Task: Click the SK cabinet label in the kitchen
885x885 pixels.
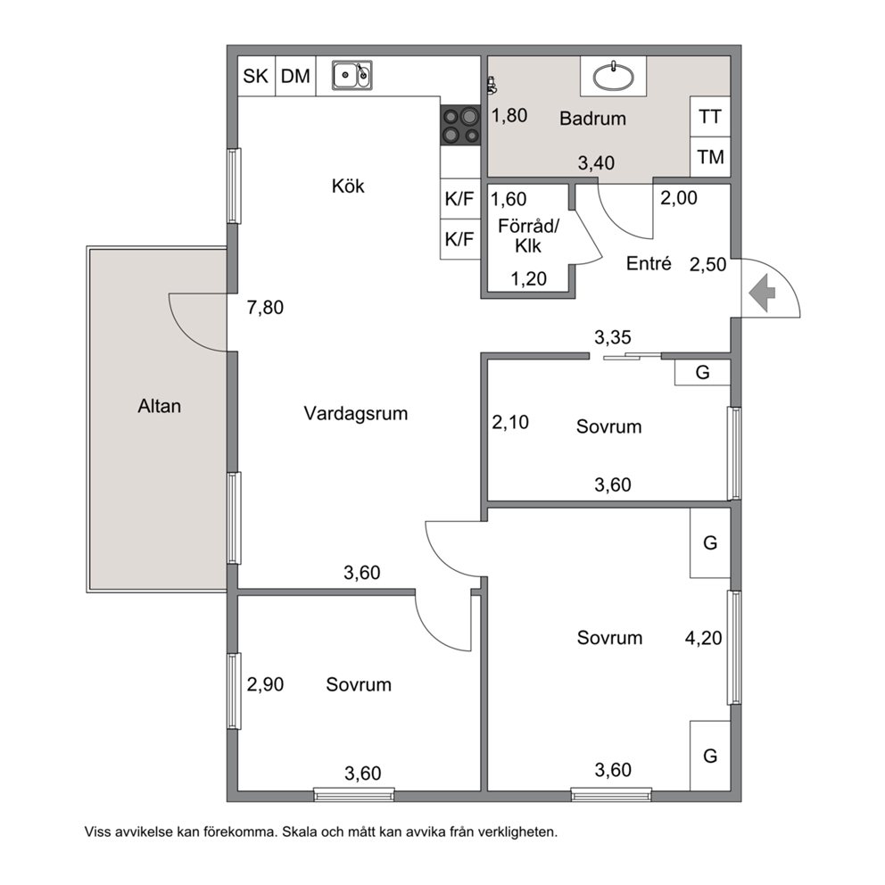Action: point(255,76)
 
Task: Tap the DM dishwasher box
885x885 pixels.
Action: point(296,76)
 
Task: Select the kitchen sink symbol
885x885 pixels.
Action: point(352,75)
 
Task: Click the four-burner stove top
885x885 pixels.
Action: point(460,125)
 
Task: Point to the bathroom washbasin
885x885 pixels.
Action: point(613,77)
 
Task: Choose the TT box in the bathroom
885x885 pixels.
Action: point(710,116)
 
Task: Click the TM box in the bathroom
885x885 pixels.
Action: point(710,157)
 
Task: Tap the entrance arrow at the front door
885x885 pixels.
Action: point(762,293)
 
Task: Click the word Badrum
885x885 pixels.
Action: point(592,119)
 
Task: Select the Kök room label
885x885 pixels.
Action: point(348,186)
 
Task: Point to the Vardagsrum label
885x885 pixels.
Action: point(356,414)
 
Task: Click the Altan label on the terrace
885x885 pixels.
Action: point(159,407)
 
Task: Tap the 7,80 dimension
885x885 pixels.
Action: point(265,308)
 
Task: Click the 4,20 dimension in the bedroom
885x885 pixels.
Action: point(703,639)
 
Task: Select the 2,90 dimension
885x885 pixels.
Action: point(265,684)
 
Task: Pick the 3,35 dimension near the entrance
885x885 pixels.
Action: point(612,337)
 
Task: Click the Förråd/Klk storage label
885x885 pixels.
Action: point(528,236)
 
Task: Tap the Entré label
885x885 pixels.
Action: point(649,263)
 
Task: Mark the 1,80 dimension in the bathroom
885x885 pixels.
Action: point(509,116)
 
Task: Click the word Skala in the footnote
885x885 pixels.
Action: point(299,832)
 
